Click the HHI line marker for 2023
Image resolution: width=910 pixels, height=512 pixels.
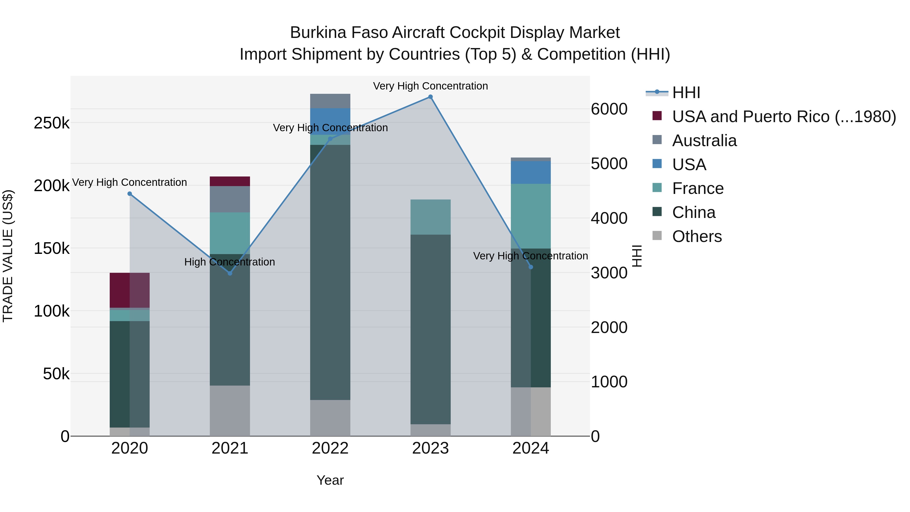point(430,97)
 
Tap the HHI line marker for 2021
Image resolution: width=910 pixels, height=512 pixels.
point(230,273)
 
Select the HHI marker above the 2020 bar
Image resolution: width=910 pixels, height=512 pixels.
point(130,194)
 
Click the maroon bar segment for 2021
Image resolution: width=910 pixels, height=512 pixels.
point(230,181)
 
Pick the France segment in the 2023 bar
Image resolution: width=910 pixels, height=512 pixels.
point(430,217)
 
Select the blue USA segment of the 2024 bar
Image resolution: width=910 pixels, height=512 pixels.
point(531,172)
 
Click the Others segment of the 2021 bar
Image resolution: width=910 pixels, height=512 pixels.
point(230,411)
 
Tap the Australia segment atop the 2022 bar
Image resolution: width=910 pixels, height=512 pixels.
point(330,101)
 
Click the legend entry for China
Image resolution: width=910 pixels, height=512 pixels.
point(693,213)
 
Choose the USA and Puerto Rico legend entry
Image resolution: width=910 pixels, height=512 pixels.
point(784,117)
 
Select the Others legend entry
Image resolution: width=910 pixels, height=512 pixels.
point(697,236)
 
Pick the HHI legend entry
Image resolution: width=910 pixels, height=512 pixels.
point(686,93)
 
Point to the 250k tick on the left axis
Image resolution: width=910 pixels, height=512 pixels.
point(52,123)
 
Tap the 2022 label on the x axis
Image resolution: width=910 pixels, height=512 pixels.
point(330,448)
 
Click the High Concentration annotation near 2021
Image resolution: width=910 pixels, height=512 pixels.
point(230,262)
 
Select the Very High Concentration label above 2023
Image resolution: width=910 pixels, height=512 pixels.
point(430,86)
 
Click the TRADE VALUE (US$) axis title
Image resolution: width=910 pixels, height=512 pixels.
point(8,256)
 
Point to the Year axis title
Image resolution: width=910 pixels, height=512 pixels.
point(330,480)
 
